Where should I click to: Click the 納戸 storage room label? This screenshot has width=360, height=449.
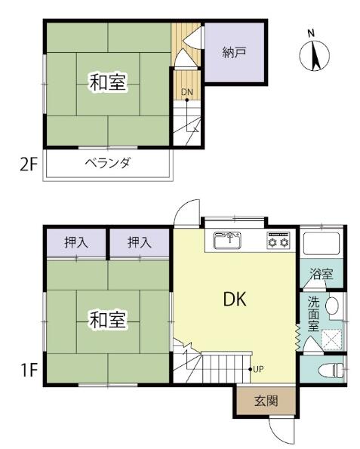coord(234,53)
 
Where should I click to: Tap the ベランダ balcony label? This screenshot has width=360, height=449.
coord(108,163)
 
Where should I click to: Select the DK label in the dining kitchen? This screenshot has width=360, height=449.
coord(235,300)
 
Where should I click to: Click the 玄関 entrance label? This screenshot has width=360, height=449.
coord(266,401)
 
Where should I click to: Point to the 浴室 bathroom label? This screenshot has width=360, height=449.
coord(322,274)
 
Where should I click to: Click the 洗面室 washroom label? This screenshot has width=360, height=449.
coord(314,314)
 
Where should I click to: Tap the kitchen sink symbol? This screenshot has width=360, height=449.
coord(228,240)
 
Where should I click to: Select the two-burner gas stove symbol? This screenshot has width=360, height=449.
coord(278,240)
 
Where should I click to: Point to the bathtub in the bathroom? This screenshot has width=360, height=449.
coord(322,243)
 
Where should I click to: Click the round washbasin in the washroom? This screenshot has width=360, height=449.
coord(332,306)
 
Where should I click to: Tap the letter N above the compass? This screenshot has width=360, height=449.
coord(311,33)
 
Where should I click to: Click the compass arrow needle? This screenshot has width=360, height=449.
coord(316,56)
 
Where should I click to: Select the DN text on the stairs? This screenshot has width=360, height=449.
coord(187,92)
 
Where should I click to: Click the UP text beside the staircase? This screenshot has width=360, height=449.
coord(258,370)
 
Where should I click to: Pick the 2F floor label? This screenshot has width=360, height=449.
coord(29,165)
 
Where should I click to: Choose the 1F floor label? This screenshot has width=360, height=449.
coord(29,371)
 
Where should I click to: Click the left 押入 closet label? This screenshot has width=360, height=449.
coord(76,242)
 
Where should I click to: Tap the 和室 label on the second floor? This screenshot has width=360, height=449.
coord(108,82)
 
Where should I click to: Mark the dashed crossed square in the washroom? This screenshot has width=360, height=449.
coord(331,340)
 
